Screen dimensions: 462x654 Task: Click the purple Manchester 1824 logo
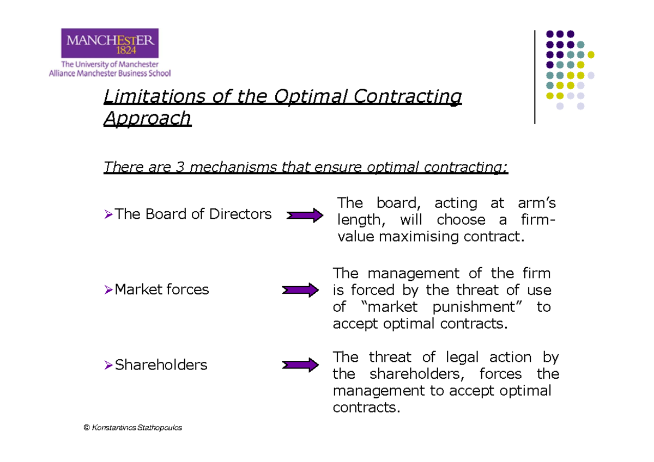tap(112, 43)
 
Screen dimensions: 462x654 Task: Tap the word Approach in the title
tap(147, 118)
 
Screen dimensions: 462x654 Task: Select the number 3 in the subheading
tap(180, 167)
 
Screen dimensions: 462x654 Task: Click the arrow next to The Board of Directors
tap(305, 215)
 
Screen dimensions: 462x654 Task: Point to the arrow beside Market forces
tap(300, 290)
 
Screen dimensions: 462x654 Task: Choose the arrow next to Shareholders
tap(300, 365)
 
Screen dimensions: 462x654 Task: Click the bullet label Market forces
tap(161, 289)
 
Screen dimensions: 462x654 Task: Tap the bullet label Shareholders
tap(161, 365)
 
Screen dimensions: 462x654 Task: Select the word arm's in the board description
tap(537, 204)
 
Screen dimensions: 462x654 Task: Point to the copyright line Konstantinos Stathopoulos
tap(132, 428)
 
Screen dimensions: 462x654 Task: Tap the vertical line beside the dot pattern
tap(535, 77)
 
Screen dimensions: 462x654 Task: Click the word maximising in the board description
tap(418, 237)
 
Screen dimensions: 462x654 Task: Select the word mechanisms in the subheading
tap(228, 167)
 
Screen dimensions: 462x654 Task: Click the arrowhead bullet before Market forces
tap(108, 290)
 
